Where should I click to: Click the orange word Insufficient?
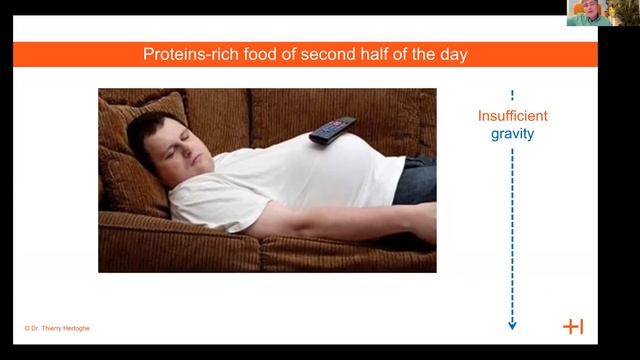point(512,116)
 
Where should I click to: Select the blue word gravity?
point(512,133)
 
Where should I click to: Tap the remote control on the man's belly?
point(332,129)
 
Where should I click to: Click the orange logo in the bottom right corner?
point(573,327)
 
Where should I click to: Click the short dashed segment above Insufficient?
point(512,96)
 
